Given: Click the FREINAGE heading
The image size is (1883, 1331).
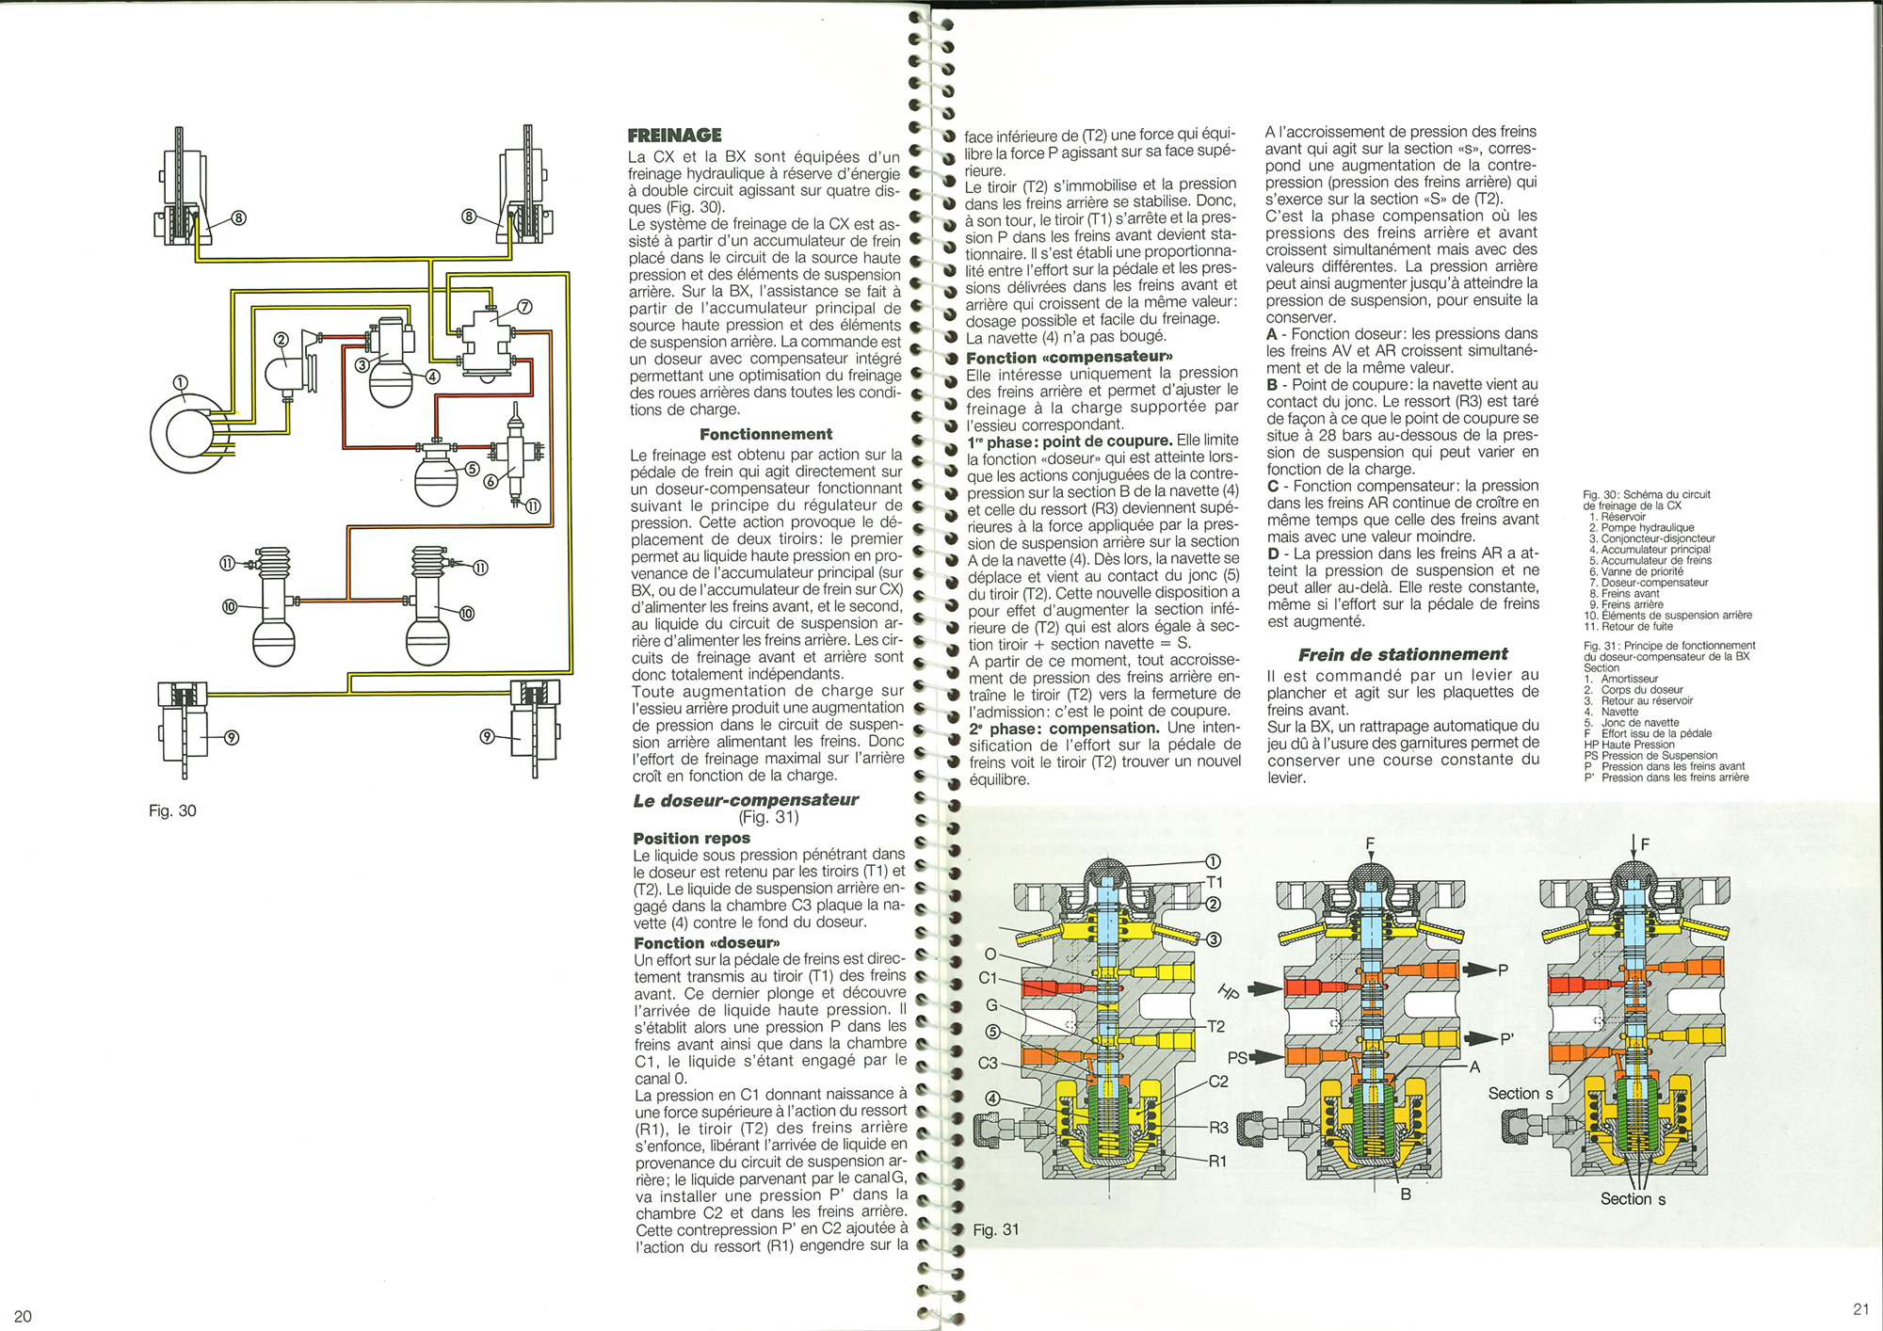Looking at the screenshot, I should click(674, 136).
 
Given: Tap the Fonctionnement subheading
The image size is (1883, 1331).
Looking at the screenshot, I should click(765, 434).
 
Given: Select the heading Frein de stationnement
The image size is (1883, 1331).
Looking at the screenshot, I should click(1402, 654).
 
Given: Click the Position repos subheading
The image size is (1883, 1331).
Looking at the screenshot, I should click(691, 838).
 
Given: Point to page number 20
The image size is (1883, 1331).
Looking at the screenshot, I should click(24, 1316).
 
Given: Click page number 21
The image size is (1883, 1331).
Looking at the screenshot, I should click(1860, 1308).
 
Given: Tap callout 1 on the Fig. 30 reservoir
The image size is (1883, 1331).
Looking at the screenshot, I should click(180, 382).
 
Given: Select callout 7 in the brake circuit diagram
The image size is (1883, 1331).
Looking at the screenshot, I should click(524, 307).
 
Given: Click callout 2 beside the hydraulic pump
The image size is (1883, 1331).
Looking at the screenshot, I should click(281, 339).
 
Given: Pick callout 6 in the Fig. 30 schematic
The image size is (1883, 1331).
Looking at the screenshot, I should click(491, 481).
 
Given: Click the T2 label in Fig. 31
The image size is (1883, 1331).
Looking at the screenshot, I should click(1215, 1026).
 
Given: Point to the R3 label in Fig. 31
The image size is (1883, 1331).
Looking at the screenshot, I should click(1218, 1127).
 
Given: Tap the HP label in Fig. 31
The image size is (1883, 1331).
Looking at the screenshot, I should click(1229, 991).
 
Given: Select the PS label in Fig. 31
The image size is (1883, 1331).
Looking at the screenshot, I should click(1237, 1057).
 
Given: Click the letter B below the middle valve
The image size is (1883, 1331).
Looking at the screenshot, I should click(1406, 1194).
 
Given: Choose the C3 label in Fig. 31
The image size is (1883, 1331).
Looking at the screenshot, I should click(988, 1063).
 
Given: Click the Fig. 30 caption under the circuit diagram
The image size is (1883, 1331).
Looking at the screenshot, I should click(172, 810).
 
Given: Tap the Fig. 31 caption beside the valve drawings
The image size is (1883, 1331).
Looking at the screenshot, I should click(995, 1229).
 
